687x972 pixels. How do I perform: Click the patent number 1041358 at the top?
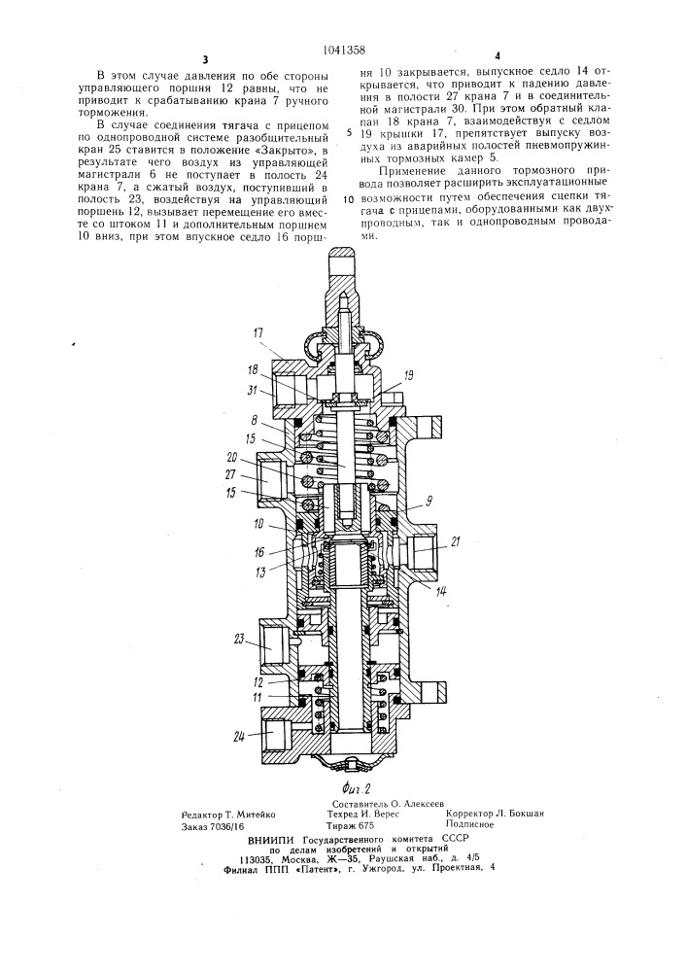pos(344,51)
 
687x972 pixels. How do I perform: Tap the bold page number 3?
pos(204,60)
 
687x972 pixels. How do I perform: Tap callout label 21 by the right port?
pos(455,542)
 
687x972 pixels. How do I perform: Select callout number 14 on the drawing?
pos(440,591)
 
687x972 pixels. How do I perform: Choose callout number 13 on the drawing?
pos(260,573)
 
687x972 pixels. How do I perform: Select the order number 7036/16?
pos(226,826)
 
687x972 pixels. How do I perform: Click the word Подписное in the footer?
pos(469,824)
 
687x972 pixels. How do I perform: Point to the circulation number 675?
pos(366,825)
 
